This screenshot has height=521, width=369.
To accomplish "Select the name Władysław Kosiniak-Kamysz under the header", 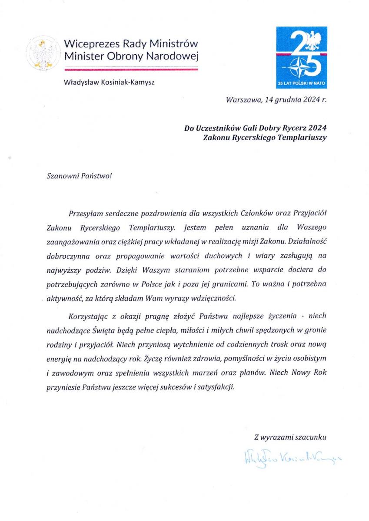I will (109, 81).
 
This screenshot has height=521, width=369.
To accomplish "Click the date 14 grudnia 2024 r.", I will (295, 99).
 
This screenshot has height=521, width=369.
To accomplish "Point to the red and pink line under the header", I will (131, 69).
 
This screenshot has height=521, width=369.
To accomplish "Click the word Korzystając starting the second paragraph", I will (88, 317).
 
